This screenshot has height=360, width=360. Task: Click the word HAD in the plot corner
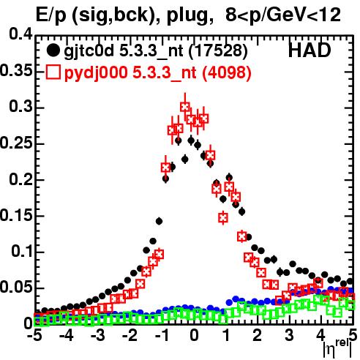[310, 50]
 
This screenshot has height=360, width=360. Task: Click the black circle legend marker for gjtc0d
[53, 50]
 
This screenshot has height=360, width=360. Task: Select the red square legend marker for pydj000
[53, 72]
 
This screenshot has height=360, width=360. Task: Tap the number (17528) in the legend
[218, 51]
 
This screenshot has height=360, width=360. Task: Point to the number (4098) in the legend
[227, 72]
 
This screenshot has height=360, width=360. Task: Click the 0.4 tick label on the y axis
[20, 34]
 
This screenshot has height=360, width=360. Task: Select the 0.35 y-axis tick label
[16, 71]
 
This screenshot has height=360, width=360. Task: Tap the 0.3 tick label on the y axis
[20, 107]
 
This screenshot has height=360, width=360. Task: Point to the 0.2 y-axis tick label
[20, 179]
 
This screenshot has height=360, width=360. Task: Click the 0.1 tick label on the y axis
[21, 251]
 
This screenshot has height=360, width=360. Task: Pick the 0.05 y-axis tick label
[16, 288]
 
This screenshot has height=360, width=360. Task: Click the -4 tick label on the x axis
[66, 336]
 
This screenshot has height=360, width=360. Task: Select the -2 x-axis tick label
[130, 336]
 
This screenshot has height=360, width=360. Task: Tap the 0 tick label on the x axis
[195, 336]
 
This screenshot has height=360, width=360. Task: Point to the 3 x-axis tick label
[290, 336]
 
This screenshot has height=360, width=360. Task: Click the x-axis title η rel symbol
[337, 348]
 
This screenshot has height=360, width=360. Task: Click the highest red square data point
[185, 107]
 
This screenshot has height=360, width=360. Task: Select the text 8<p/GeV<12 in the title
[282, 15]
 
